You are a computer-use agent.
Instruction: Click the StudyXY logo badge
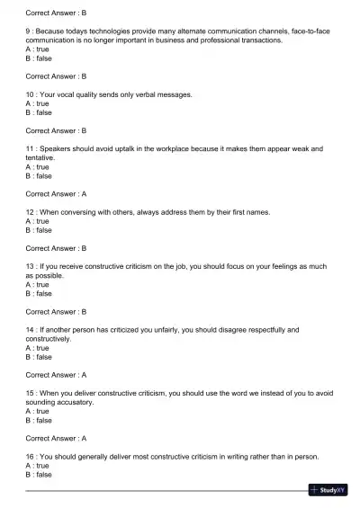pos(328,490)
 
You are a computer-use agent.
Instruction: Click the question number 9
pos(28,32)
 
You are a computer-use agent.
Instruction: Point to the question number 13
pos(31,266)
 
